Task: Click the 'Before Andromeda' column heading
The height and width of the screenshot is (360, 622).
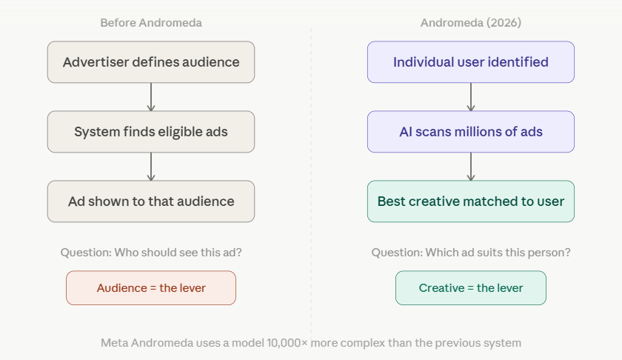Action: pyautogui.click(x=151, y=23)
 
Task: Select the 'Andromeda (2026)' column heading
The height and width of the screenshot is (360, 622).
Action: pyautogui.click(x=471, y=23)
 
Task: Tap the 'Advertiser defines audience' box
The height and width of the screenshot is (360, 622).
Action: pyautogui.click(x=151, y=62)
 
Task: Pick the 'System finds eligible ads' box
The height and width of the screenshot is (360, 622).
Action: pyautogui.click(x=151, y=132)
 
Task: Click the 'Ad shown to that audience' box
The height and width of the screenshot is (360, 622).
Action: pyautogui.click(x=151, y=201)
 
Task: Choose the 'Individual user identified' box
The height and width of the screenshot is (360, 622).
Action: pyautogui.click(x=471, y=62)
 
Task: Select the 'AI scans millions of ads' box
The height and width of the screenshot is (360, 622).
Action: pyautogui.click(x=471, y=132)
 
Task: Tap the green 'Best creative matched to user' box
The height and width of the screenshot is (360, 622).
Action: pyautogui.click(x=471, y=201)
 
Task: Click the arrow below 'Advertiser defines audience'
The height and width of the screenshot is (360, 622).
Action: pyautogui.click(x=151, y=96)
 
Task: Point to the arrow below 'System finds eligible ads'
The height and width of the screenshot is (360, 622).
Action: pyautogui.click(x=151, y=167)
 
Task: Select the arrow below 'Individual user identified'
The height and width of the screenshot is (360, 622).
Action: pyautogui.click(x=471, y=96)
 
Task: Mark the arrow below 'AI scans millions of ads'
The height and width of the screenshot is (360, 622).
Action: pyautogui.click(x=471, y=167)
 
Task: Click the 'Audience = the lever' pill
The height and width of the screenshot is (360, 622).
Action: pyautogui.click(x=151, y=288)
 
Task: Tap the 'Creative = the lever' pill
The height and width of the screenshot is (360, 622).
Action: pyautogui.click(x=471, y=288)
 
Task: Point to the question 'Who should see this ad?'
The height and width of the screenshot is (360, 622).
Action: pyautogui.click(x=177, y=253)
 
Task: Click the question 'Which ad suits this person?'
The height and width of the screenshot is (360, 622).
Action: pyautogui.click(x=498, y=253)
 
